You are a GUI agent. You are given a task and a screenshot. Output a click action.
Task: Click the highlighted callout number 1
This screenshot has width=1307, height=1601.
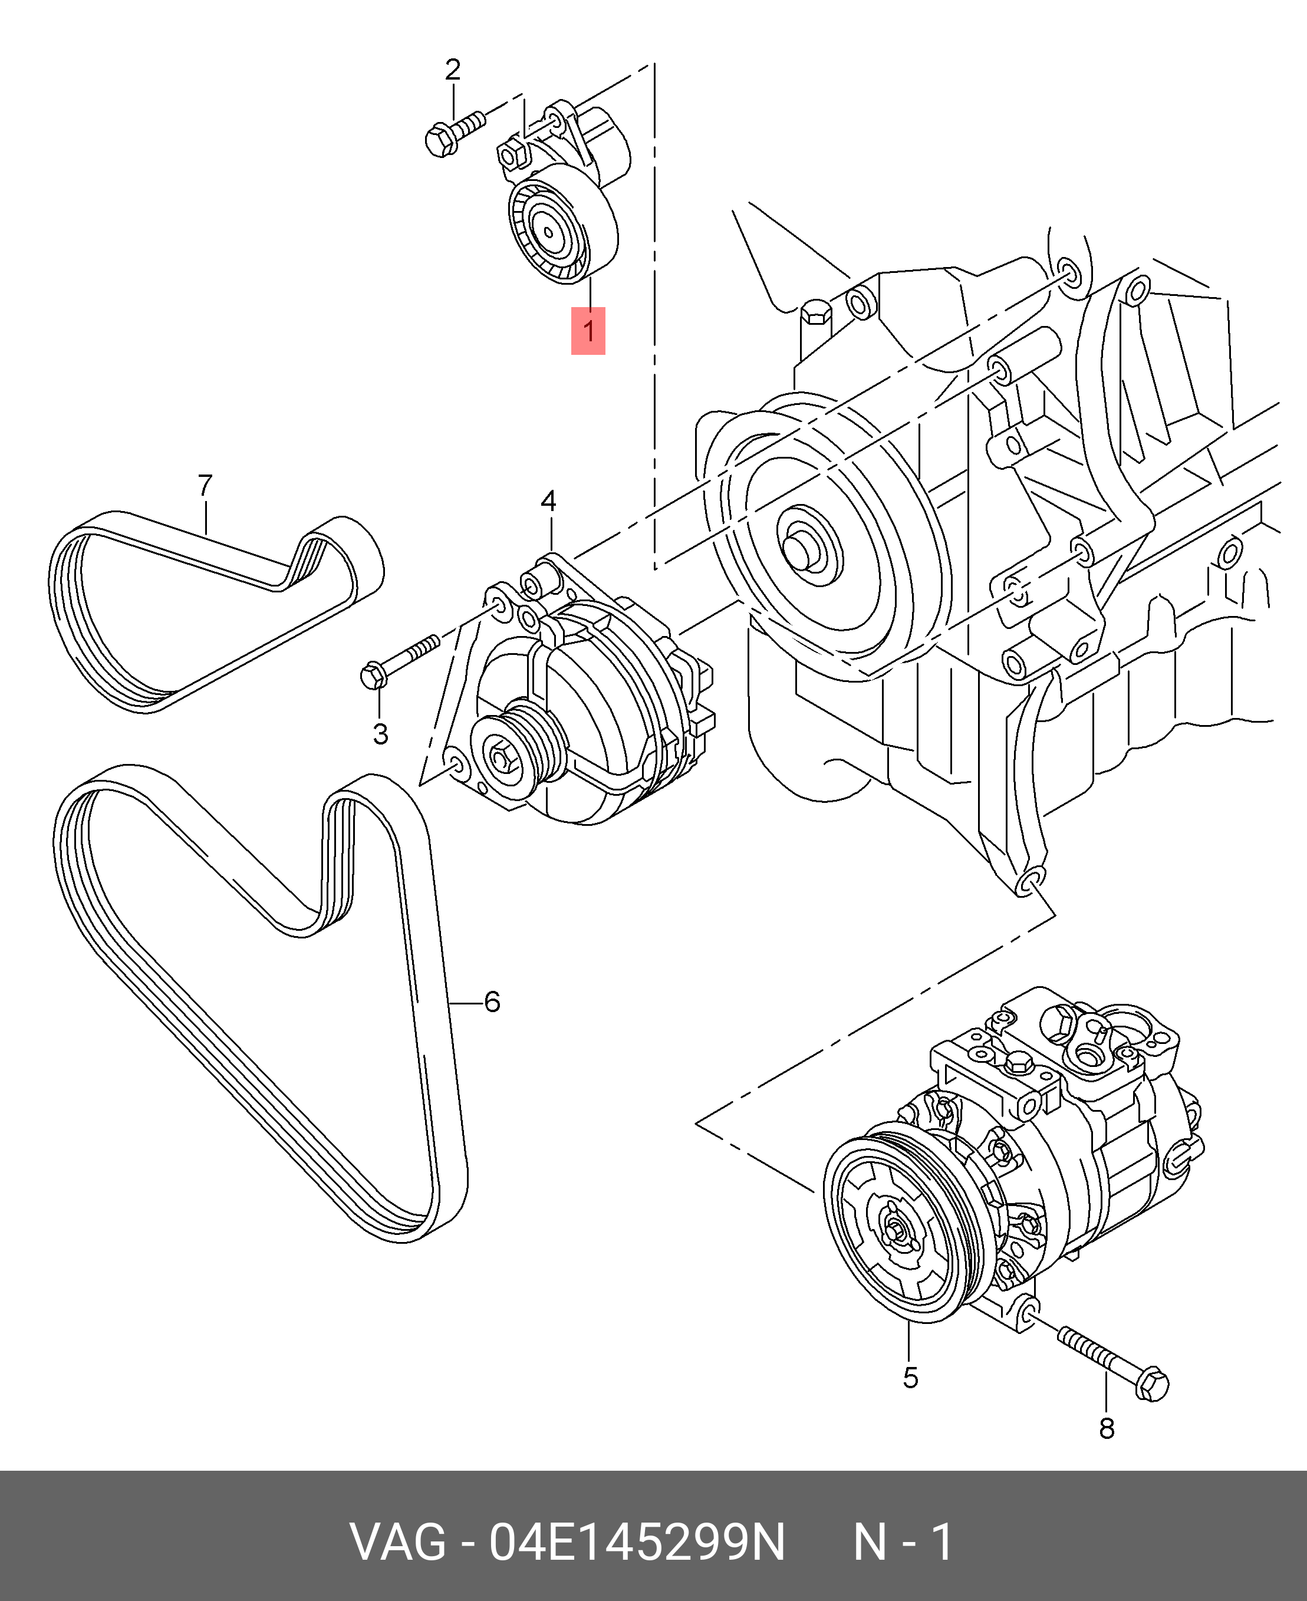click(588, 331)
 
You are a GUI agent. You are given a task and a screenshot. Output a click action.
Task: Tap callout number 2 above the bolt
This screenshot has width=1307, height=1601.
click(453, 70)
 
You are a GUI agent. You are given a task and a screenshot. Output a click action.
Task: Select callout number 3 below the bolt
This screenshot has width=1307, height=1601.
click(380, 734)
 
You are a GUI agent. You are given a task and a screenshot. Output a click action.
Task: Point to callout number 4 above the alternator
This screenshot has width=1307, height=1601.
click(548, 501)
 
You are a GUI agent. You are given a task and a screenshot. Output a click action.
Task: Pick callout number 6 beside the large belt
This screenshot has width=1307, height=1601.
click(492, 1002)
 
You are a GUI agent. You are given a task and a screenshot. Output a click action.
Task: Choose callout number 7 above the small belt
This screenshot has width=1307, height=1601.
click(205, 486)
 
